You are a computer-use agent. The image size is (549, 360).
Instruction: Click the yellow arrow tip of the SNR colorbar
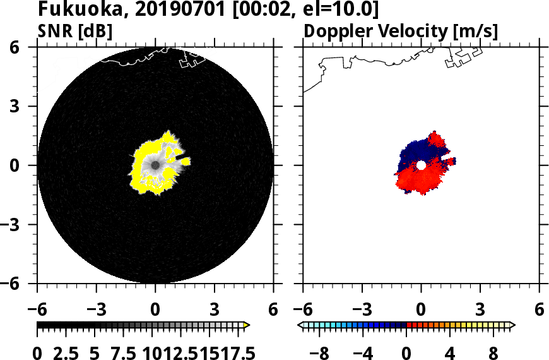click(247, 325)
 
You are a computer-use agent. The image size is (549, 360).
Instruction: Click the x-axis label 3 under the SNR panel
click(215, 310)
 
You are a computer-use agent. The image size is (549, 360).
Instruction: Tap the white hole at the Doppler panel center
click(421, 165)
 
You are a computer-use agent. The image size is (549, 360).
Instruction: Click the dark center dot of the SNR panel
click(155, 165)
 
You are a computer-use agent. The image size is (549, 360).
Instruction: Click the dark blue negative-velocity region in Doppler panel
click(416, 152)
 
